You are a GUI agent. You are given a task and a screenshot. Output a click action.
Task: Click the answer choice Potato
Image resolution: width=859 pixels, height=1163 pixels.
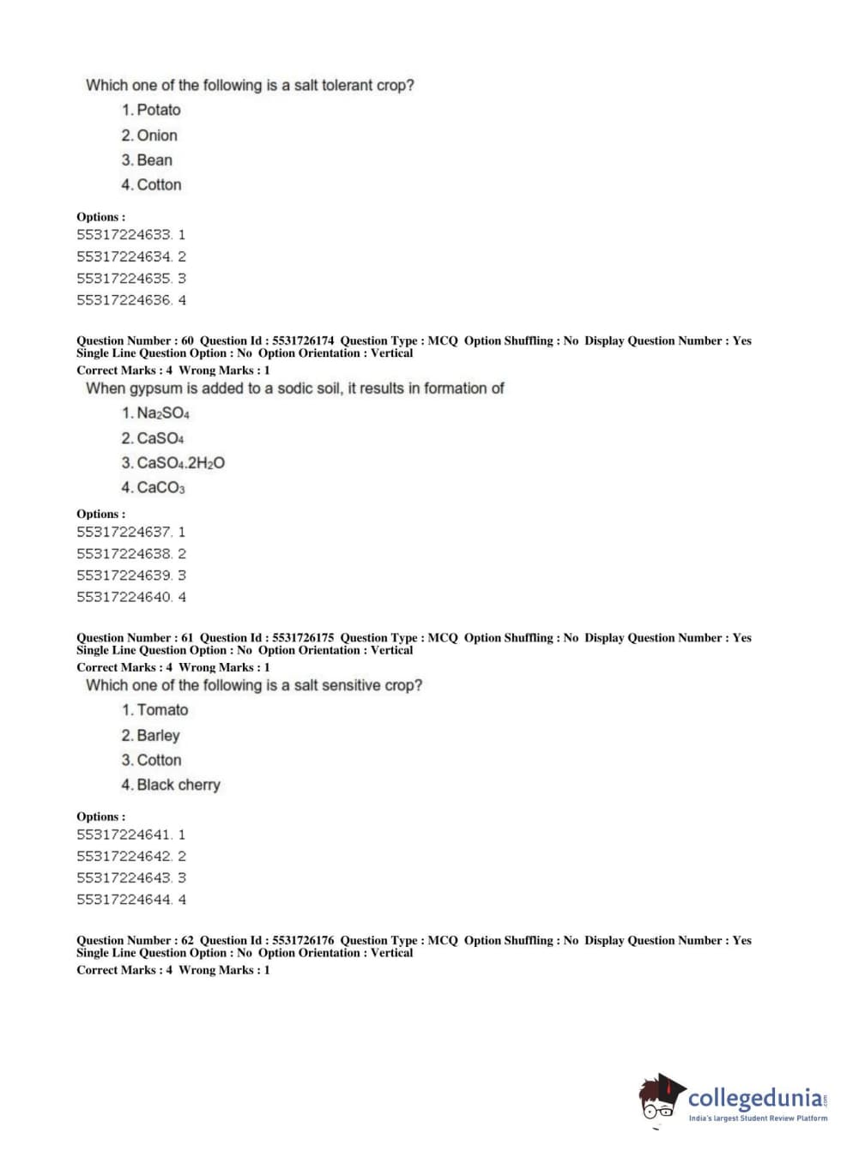[x=159, y=110]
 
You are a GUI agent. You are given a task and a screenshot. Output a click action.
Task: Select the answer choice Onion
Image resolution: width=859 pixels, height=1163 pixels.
[x=157, y=136]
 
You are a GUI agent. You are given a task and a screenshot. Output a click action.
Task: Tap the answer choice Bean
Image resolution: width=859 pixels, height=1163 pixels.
[x=154, y=160]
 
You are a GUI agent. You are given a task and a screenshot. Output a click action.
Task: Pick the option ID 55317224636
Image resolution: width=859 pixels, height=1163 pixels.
[x=124, y=300]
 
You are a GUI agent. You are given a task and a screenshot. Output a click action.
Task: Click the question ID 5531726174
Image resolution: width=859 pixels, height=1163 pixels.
[x=303, y=340]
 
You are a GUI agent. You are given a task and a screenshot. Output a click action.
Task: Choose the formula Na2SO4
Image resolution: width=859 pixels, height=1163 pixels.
[x=163, y=413]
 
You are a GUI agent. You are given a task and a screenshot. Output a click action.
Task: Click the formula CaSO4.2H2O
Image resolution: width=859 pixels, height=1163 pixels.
[x=181, y=463]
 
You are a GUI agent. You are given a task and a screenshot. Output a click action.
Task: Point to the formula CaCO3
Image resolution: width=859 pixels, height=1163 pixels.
[x=160, y=488]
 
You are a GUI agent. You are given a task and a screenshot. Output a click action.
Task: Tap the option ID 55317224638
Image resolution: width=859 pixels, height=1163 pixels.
[x=124, y=554]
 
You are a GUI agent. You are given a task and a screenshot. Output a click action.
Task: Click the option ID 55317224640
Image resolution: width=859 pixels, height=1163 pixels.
[x=124, y=597]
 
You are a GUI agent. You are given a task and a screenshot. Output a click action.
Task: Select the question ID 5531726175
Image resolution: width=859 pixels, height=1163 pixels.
[x=303, y=638]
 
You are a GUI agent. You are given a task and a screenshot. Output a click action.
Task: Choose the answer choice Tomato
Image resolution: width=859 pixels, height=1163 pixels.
[x=162, y=710]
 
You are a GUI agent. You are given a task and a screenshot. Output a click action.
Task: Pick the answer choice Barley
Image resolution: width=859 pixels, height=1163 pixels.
[x=158, y=736]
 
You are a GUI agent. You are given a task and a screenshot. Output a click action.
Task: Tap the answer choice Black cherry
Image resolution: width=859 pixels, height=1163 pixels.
[x=178, y=785]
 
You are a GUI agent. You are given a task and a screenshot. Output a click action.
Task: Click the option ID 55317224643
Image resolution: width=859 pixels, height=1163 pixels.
[x=124, y=878]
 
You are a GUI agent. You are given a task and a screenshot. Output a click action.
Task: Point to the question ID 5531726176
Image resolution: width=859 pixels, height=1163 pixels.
[x=303, y=941]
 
